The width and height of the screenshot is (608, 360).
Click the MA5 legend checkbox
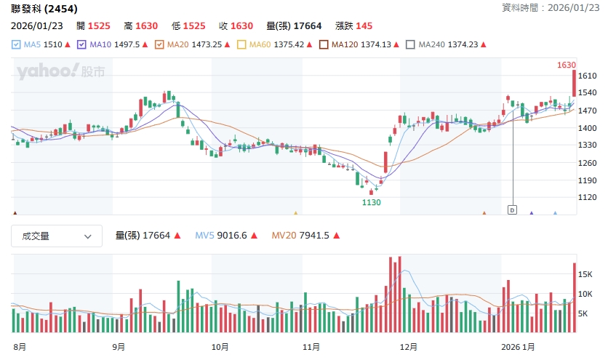click(x=17, y=44)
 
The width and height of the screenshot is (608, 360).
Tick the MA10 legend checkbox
click(x=82, y=44)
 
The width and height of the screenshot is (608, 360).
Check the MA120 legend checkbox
click(x=324, y=44)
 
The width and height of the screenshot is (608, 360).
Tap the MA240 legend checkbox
click(x=411, y=44)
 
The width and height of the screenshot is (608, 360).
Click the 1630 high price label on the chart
click(x=566, y=65)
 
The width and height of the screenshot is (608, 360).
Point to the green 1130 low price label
click(x=371, y=202)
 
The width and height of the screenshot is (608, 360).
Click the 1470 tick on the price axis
click(x=587, y=111)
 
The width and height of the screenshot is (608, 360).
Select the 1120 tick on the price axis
click(x=587, y=197)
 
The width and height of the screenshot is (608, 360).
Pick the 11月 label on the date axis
click(x=311, y=347)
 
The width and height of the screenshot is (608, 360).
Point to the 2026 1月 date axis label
click(x=521, y=347)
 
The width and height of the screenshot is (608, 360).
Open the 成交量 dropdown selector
click(x=56, y=236)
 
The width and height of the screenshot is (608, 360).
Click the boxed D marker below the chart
click(x=511, y=210)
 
